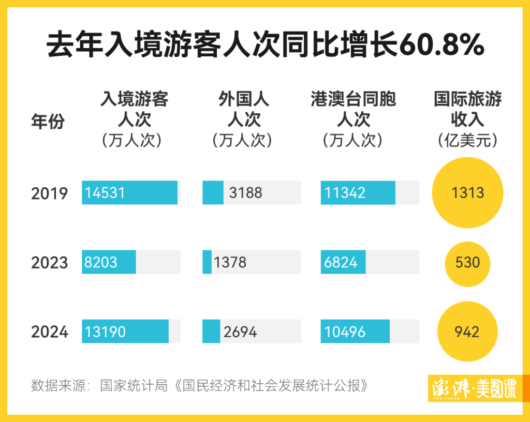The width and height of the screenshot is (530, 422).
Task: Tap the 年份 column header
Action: [x=48, y=122]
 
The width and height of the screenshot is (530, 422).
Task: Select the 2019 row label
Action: [x=49, y=193]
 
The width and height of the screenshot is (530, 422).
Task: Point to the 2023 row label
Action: [x=49, y=263]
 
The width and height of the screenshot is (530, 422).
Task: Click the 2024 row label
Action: [x=49, y=332]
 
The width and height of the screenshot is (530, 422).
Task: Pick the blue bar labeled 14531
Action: [x=129, y=193]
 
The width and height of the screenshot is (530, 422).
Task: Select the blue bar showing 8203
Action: [x=109, y=262]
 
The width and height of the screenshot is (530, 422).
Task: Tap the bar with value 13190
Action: [x=125, y=331]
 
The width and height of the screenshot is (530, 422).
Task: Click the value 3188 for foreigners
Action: [x=245, y=193]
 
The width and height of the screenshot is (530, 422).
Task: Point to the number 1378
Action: [x=230, y=263]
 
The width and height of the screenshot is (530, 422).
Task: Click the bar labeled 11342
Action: [x=358, y=193]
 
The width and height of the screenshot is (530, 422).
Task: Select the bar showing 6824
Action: [x=343, y=262]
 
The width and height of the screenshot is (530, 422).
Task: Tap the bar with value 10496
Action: [x=355, y=331]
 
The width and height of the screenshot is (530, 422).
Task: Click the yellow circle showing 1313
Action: [x=467, y=193]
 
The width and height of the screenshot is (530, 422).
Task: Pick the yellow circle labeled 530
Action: [x=467, y=262]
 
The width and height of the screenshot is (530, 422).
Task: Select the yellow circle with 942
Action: [x=467, y=331]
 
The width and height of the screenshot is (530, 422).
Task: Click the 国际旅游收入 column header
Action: [x=467, y=109]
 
